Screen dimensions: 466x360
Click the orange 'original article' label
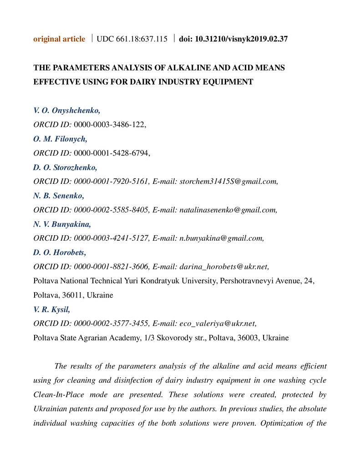coord(59,39)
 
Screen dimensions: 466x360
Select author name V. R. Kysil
coord(52,309)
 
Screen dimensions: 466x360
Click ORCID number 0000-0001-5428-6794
coord(111,153)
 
